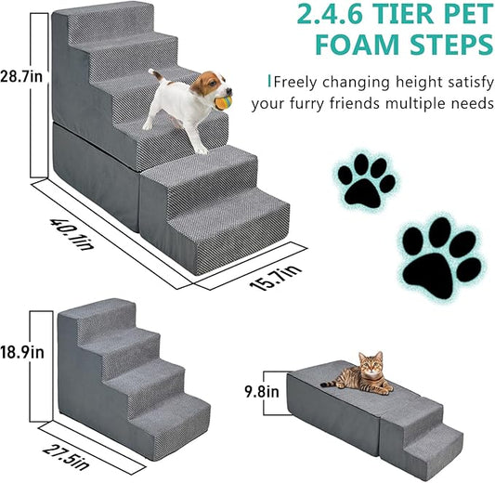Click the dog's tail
[x=153, y=74]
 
